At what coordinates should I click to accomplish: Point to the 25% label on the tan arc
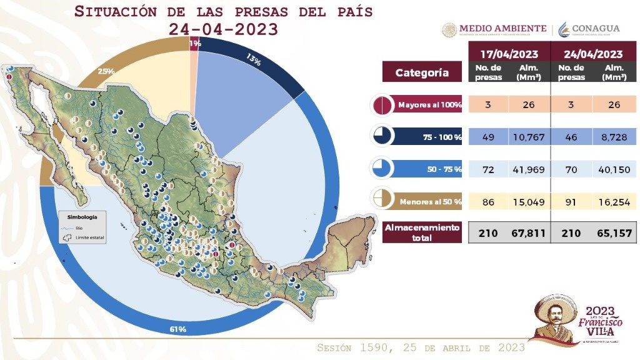pyautogui.click(x=106, y=71)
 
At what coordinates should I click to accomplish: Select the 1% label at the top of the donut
pyautogui.click(x=195, y=43)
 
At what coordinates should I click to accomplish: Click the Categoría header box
pyautogui.click(x=422, y=72)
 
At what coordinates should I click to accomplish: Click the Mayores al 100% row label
pyautogui.click(x=429, y=105)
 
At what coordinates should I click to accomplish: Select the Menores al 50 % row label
pyautogui.click(x=429, y=201)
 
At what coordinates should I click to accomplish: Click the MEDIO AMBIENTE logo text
pyautogui.click(x=502, y=29)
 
